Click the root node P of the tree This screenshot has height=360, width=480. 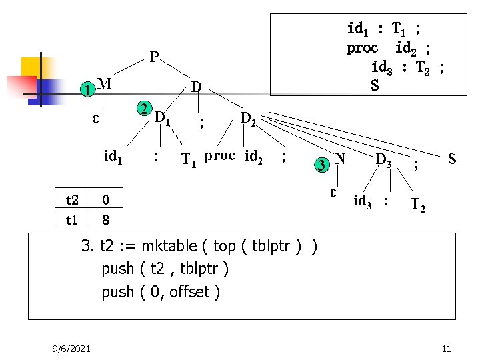[154, 57]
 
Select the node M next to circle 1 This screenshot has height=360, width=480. [103, 83]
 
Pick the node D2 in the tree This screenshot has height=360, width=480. [249, 119]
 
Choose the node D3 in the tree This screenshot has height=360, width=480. [384, 160]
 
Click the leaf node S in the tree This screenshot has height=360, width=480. [452, 159]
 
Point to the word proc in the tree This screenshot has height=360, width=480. [219, 156]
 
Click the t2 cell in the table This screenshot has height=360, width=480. [72, 200]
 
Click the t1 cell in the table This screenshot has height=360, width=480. [72, 219]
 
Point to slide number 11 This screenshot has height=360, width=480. [447, 349]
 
